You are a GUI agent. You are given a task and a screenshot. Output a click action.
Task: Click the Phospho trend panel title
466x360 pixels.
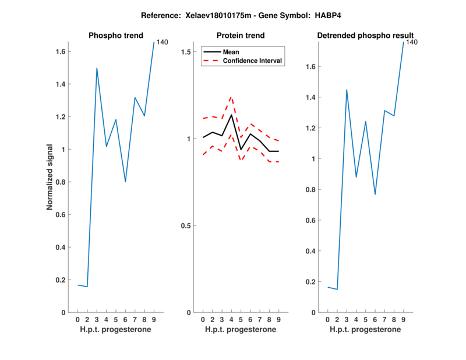pyautogui.click(x=115, y=36)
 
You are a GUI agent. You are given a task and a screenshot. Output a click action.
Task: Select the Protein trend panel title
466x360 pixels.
pyautogui.click(x=240, y=36)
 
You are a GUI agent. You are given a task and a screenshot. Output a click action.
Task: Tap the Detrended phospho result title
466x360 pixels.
pyautogui.click(x=365, y=36)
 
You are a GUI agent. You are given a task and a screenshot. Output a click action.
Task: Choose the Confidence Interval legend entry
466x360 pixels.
pyautogui.click(x=252, y=61)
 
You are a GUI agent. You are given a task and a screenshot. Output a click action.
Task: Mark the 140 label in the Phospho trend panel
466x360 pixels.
pyautogui.click(x=163, y=42)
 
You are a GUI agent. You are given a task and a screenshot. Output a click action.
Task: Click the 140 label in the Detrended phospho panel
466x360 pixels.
pyautogui.click(x=412, y=42)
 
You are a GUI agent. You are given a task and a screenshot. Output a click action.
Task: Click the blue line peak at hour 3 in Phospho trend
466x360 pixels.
pyautogui.click(x=97, y=68)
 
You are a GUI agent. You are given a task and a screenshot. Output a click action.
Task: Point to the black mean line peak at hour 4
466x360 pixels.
pyautogui.click(x=231, y=115)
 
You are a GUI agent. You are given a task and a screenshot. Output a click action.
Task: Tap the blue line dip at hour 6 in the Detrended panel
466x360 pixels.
pyautogui.click(x=375, y=194)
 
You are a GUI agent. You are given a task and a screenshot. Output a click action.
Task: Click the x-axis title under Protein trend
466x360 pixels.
pyautogui.click(x=240, y=330)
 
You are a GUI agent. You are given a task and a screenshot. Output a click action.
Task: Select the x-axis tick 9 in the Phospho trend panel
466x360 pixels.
pyautogui.click(x=154, y=320)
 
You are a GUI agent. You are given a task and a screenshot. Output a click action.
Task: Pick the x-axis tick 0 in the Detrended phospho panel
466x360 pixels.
pyautogui.click(x=327, y=320)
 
